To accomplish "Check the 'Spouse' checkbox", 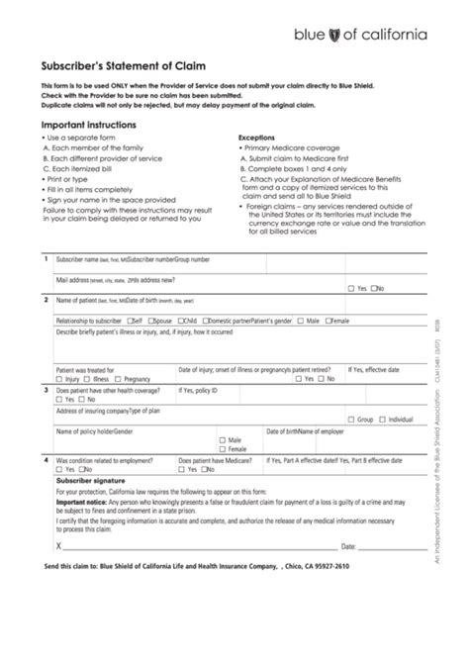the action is [151, 322].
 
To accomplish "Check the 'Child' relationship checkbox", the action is [181, 322].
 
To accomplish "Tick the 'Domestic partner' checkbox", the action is [205, 322].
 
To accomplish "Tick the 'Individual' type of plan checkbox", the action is [382, 420].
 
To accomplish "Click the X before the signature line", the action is [59, 545].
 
